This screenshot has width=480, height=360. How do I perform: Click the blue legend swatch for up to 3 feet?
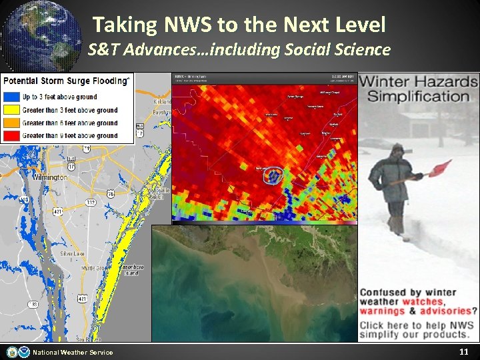[12, 97]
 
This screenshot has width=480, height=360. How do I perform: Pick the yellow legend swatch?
[12, 110]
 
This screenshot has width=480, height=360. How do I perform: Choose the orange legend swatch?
[12, 123]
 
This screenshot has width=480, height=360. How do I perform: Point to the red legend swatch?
[12, 135]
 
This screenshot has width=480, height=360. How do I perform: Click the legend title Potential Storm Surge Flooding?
[65, 81]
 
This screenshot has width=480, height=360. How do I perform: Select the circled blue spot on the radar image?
[273, 176]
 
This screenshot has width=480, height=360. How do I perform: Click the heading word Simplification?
[419, 96]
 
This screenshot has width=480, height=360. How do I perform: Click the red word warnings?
[383, 311]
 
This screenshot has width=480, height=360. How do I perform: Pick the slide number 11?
[464, 351]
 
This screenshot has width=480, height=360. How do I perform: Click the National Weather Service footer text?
[73, 352]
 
